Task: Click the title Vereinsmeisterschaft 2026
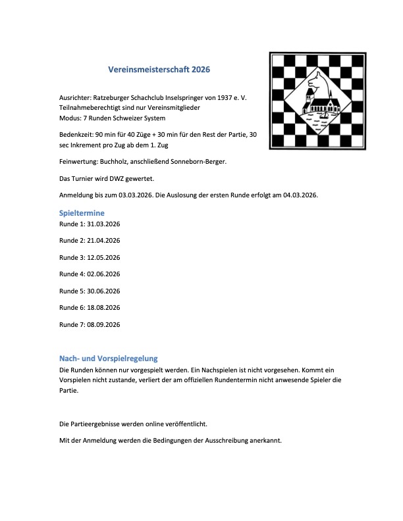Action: pyautogui.click(x=159, y=68)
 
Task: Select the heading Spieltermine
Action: pyautogui.click(x=82, y=213)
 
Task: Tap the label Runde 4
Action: pyautogui.click(x=72, y=274)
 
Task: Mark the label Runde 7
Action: pyautogui.click(x=72, y=324)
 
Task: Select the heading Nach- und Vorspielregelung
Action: pyautogui.click(x=109, y=359)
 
